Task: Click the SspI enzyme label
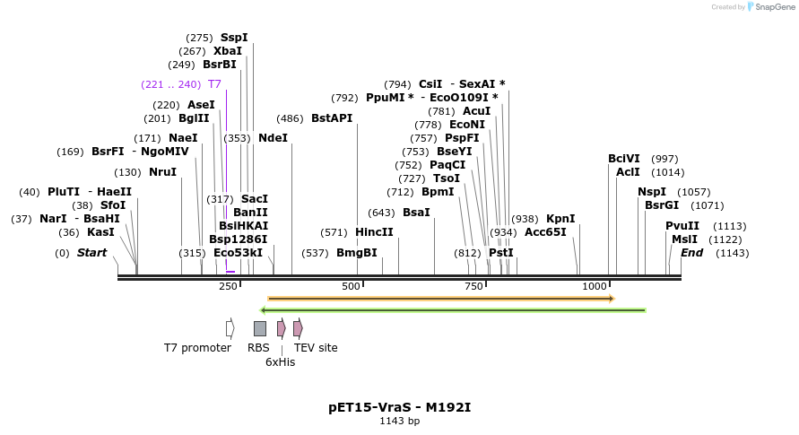234,38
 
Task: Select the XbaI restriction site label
228,51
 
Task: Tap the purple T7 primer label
214,84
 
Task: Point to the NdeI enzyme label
273,138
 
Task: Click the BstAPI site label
332,118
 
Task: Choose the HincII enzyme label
374,232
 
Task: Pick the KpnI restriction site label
560,219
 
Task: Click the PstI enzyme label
501,253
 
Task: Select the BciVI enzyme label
624,159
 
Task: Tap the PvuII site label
682,226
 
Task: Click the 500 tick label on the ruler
351,286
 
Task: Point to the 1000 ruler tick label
595,286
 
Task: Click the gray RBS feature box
260,328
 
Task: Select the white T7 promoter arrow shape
230,328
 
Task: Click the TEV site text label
316,348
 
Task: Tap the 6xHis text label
280,362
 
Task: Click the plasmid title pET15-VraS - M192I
399,407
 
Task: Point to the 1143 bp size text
399,421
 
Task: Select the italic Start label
91,253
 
